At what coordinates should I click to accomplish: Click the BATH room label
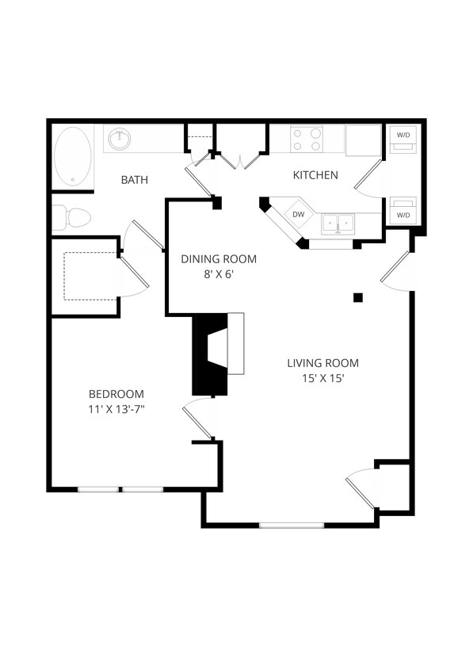(x=134, y=180)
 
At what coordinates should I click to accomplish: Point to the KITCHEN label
(x=315, y=175)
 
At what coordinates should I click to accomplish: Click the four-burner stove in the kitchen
(x=307, y=140)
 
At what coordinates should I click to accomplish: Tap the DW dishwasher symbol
(x=298, y=214)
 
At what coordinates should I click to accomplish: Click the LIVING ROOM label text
(x=322, y=363)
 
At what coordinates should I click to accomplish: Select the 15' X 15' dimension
(x=322, y=379)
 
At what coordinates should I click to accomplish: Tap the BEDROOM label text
(x=116, y=394)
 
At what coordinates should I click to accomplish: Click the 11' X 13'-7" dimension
(x=116, y=410)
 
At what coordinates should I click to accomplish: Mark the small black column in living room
(x=358, y=297)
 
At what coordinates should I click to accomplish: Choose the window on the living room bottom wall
(x=292, y=525)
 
